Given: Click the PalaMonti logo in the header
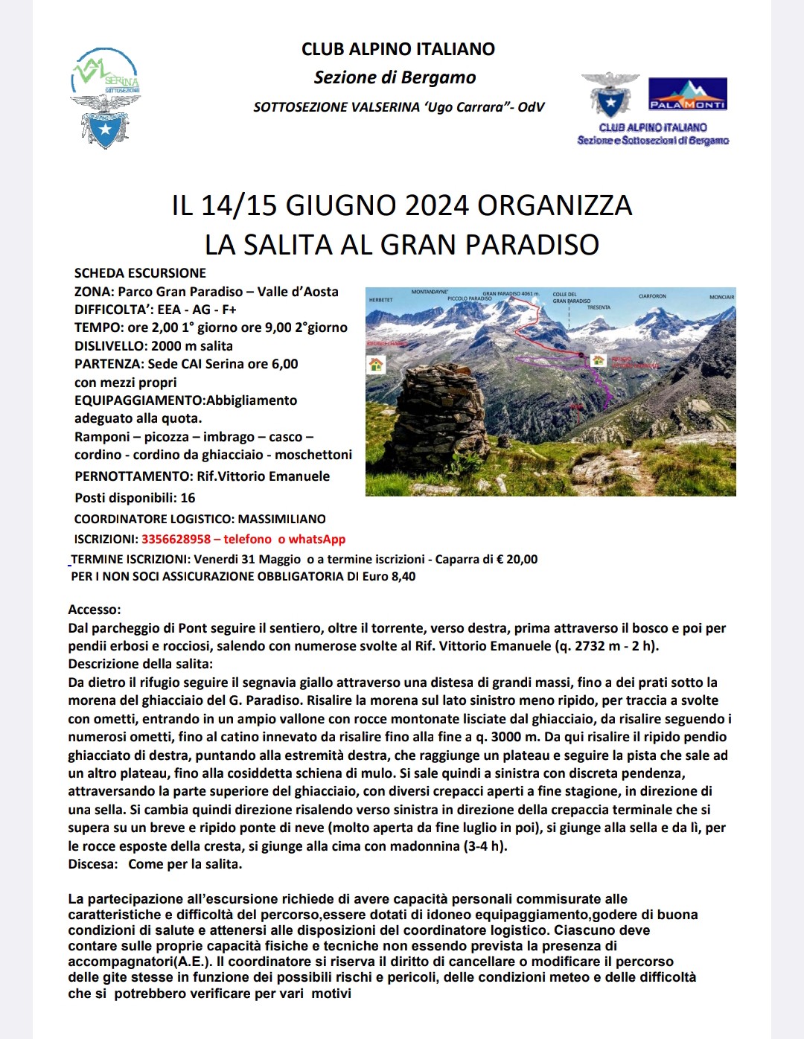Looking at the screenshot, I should point(687,94).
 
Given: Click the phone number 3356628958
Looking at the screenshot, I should point(176,539).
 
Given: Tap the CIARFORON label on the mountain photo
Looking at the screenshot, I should point(652,296).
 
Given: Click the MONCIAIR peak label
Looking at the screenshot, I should point(721,297).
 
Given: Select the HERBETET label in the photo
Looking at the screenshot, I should point(380,300).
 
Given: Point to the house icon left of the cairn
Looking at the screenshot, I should point(376,365).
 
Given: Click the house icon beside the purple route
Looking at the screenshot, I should point(598,360).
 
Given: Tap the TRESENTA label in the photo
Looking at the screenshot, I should point(599,307).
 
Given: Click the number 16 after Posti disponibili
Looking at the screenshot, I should point(188,498).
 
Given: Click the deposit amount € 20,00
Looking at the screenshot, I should point(517,559).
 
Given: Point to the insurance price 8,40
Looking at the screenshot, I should point(403,576).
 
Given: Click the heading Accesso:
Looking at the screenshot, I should point(94,610).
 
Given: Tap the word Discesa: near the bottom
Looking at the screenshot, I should point(93,864).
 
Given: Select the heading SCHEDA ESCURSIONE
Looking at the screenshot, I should point(140,273).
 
